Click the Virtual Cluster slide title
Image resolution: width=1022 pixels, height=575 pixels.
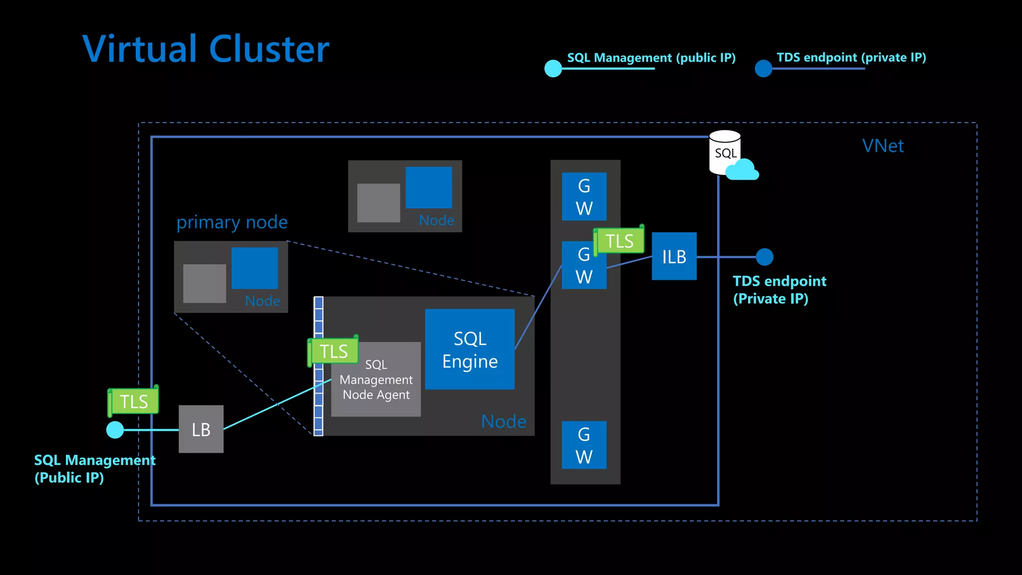[x=206, y=49]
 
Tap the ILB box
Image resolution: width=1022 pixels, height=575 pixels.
[x=674, y=256]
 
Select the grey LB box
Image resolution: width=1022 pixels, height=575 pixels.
[x=201, y=429]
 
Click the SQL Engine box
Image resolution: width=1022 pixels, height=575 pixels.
[x=470, y=349]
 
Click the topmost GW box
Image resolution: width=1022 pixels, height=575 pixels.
[x=584, y=196]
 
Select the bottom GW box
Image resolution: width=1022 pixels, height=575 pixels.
[x=584, y=445]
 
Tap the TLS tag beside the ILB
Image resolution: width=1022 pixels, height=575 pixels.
[x=619, y=241]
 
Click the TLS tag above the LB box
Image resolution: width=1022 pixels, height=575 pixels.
[x=134, y=401]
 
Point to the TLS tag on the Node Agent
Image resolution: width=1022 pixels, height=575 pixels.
[x=333, y=351]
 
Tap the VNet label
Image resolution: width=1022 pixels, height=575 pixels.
[x=883, y=146]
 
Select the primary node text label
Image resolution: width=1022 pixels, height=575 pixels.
[x=232, y=222]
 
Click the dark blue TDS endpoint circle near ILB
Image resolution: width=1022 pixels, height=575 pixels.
[x=764, y=257]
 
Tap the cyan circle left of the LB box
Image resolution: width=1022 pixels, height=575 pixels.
[x=115, y=429]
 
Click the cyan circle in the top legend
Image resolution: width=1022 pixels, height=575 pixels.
[x=553, y=68]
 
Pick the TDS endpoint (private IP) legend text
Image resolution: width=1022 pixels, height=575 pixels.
[x=851, y=57]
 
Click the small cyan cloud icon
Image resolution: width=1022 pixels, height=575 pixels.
[x=742, y=170]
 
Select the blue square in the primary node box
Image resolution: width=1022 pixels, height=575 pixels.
[x=255, y=268]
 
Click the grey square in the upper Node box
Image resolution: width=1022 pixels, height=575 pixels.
[x=378, y=202]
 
